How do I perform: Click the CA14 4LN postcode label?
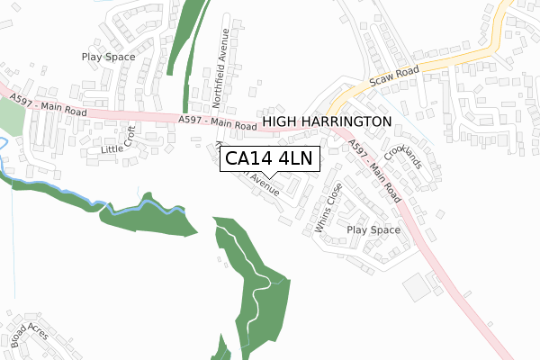[x=269, y=159]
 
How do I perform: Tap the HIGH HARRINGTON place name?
[x=327, y=121]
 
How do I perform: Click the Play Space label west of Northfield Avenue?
[x=108, y=57]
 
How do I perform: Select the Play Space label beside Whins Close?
[x=373, y=230]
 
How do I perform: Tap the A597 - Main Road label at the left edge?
[x=49, y=105]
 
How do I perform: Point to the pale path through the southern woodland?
[x=256, y=279]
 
